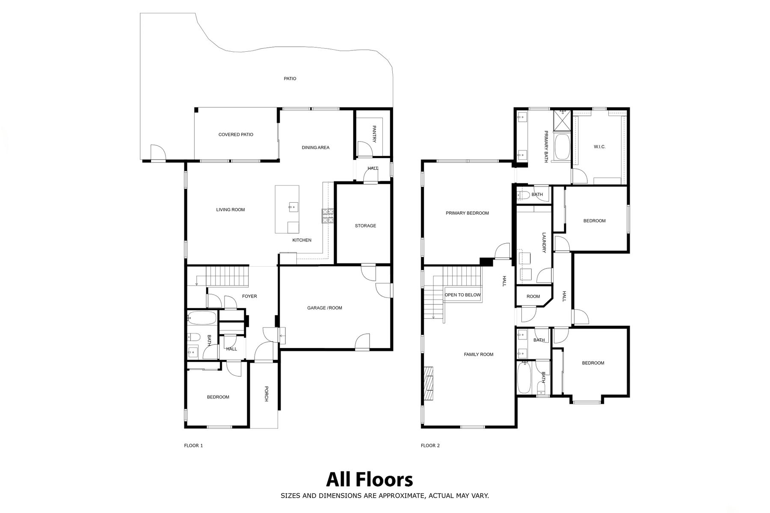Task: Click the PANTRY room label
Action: click(x=374, y=134)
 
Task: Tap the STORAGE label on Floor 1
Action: click(x=365, y=226)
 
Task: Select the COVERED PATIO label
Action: click(x=236, y=135)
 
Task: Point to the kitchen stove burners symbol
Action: click(x=328, y=216)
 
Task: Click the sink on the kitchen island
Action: click(x=293, y=207)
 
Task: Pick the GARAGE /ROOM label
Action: click(x=325, y=308)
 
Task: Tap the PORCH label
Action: click(x=266, y=394)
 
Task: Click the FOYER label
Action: click(x=249, y=296)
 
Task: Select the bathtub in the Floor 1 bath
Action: click(x=202, y=318)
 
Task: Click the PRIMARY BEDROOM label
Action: click(x=467, y=213)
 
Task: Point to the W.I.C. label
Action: click(x=599, y=147)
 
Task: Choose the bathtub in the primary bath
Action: click(x=562, y=147)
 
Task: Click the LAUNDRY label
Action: click(x=544, y=243)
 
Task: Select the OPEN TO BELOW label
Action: click(x=462, y=295)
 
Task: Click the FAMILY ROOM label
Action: click(x=479, y=354)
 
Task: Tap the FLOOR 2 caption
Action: click(x=430, y=445)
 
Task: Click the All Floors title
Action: click(x=370, y=480)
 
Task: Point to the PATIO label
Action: click(x=290, y=79)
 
